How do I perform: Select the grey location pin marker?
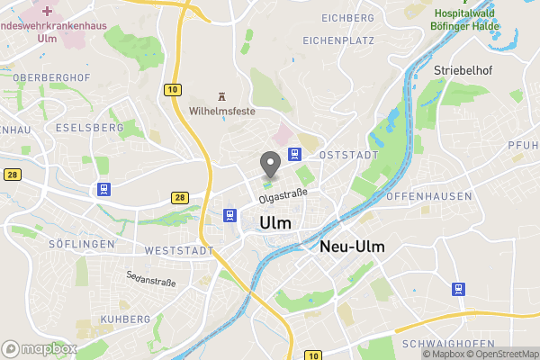[269, 165]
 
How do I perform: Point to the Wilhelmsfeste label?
[222, 112]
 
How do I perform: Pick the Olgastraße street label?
[283, 193]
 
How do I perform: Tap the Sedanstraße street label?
[151, 279]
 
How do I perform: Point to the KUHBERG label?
[125, 319]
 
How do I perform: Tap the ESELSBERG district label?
[88, 128]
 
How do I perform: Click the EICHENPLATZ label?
[337, 41]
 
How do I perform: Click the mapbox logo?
[39, 348]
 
